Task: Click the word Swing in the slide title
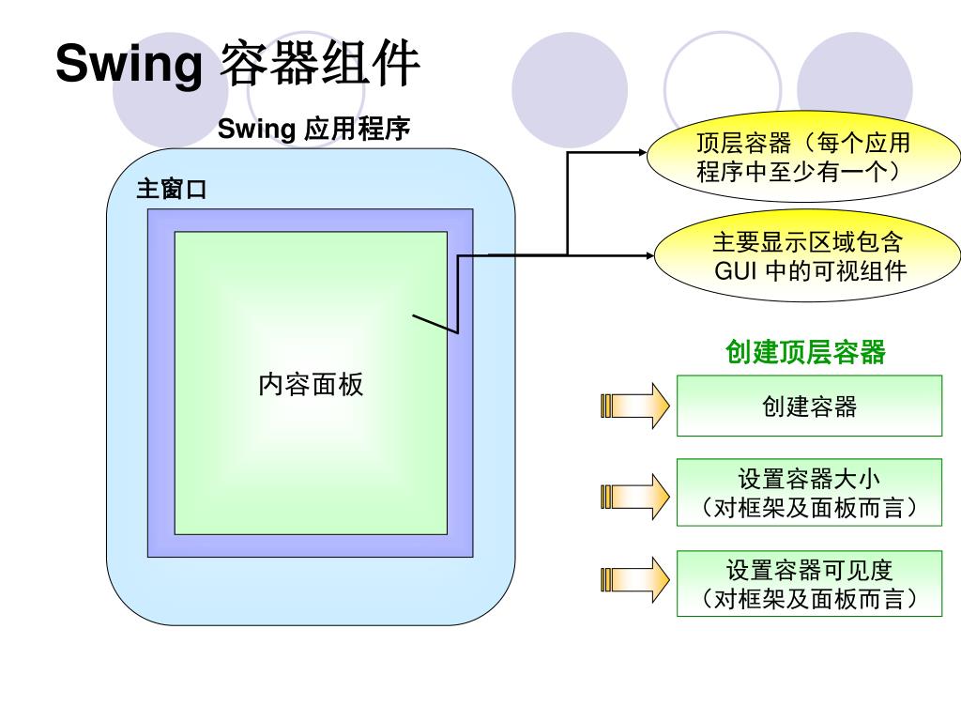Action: pos(130,65)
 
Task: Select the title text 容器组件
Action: pos(319,65)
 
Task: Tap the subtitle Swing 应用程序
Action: pos(313,129)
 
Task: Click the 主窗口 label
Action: pos(172,190)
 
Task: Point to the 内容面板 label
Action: pos(311,384)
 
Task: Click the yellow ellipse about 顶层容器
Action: pos(803,157)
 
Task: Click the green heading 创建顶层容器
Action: pos(805,352)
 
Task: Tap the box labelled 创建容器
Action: pos(809,406)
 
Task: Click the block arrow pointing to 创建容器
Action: pos(634,406)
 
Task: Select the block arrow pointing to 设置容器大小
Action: pos(634,497)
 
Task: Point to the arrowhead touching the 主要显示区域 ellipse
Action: pos(648,254)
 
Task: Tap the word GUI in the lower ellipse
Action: pos(734,271)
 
